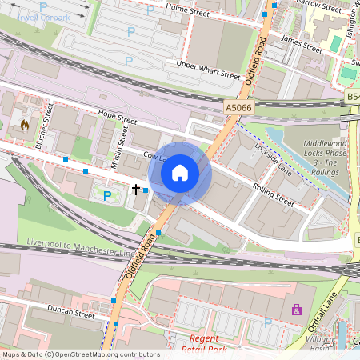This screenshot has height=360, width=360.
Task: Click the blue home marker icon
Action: tap(180, 172)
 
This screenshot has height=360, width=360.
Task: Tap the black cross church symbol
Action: tap(136, 190)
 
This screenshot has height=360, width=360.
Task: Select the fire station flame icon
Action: tap(25, 125)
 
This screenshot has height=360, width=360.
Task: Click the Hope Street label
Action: tap(112, 118)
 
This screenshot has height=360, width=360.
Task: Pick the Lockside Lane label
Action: tap(273, 159)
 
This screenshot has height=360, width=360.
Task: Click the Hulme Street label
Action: tap(186, 9)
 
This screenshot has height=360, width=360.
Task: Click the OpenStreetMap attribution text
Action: tap(80, 354)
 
